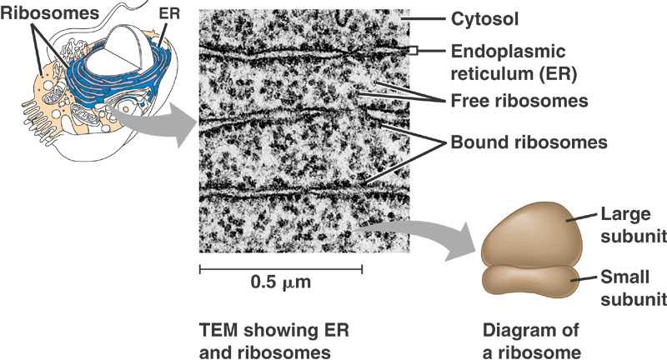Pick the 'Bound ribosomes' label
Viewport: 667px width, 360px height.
click(529, 142)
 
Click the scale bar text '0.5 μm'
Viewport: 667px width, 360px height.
click(280, 282)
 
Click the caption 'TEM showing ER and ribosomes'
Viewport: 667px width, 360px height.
click(265, 341)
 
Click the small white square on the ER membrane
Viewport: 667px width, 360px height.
click(412, 52)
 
